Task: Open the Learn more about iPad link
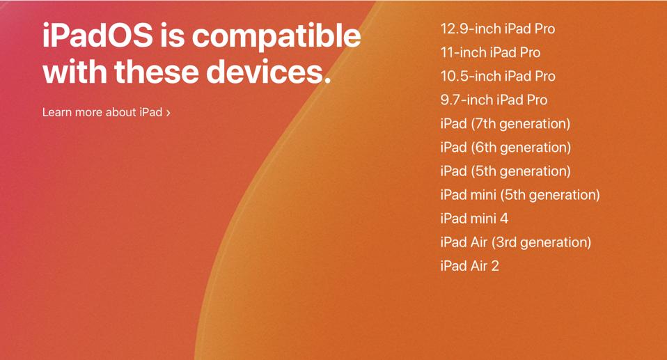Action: (x=102, y=112)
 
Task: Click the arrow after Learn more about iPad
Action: (x=168, y=113)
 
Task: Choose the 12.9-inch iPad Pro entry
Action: (x=497, y=29)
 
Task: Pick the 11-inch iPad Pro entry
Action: (x=490, y=53)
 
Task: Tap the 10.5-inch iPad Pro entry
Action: (x=497, y=77)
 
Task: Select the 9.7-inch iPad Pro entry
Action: (x=494, y=100)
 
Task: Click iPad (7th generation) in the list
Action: (x=505, y=124)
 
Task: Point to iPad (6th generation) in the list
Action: (x=505, y=148)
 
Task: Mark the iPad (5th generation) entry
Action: (x=505, y=171)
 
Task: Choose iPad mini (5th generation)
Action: (x=519, y=195)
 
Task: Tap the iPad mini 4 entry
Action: (x=474, y=219)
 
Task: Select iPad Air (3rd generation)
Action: (x=515, y=242)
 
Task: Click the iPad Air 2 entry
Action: (x=469, y=266)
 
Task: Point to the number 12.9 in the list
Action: (x=455, y=29)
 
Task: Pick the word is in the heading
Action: (x=171, y=36)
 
